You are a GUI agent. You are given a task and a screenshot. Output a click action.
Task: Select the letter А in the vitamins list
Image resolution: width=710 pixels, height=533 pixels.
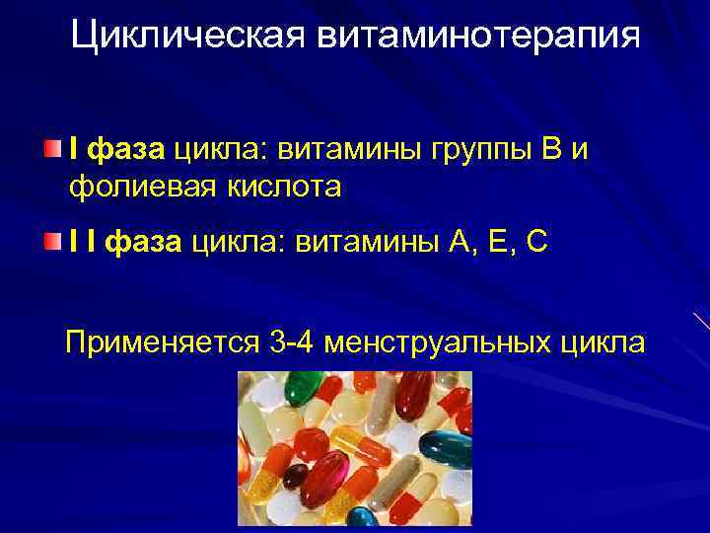(x=448, y=243)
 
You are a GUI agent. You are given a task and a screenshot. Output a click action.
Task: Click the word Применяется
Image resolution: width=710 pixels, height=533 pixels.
(x=160, y=343)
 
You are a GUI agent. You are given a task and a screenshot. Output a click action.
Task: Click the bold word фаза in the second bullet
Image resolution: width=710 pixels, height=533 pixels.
(x=143, y=243)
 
